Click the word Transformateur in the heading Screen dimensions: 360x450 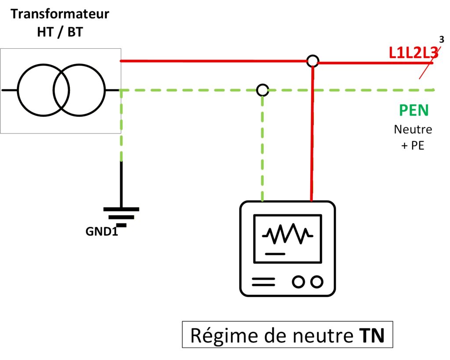click(x=60, y=14)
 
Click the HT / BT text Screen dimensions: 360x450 click(x=60, y=32)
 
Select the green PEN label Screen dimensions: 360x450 click(x=414, y=110)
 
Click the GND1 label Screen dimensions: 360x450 click(x=102, y=231)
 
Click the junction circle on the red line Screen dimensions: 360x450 click(x=312, y=61)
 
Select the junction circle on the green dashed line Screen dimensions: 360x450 click(x=262, y=90)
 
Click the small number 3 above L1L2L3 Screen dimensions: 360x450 click(x=442, y=39)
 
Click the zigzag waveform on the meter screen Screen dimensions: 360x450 click(x=288, y=235)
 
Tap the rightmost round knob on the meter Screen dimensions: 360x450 click(x=316, y=281)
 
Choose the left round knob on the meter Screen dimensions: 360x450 click(x=298, y=281)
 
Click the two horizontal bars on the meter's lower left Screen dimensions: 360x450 click(x=263, y=281)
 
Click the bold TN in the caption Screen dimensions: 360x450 click(x=369, y=336)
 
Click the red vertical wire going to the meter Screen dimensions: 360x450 click(x=312, y=132)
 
